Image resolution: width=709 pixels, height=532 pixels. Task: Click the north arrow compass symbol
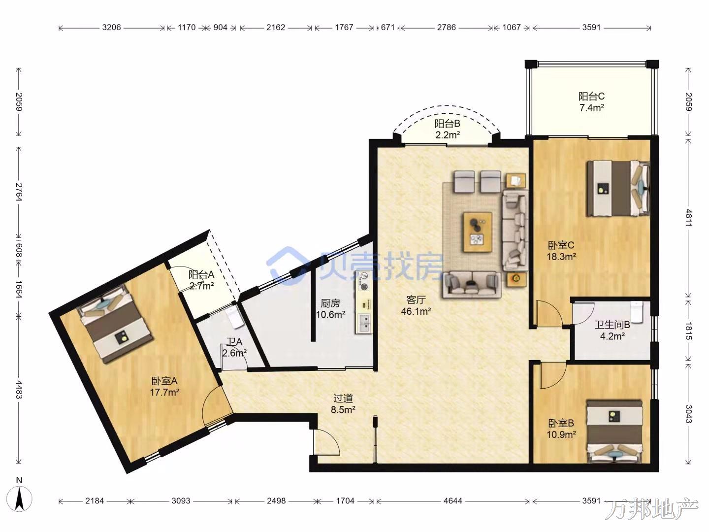(x=19, y=499)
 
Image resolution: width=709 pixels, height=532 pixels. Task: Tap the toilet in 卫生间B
(x=637, y=312)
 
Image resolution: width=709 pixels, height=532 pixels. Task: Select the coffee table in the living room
(x=478, y=232)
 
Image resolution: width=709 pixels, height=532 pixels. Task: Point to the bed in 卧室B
(x=614, y=432)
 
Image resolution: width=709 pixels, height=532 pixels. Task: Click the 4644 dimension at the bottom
(x=452, y=501)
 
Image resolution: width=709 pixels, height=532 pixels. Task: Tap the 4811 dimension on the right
(x=688, y=218)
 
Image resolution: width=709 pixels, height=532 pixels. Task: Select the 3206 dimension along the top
(x=111, y=28)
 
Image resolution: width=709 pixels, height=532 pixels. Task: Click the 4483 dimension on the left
(x=19, y=390)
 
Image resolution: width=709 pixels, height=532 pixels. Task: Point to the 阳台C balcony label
(x=591, y=96)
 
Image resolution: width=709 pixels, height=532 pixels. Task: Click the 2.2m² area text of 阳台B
(x=448, y=134)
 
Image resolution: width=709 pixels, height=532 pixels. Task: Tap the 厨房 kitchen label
(x=330, y=303)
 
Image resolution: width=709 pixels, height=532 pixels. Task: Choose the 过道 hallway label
(x=343, y=399)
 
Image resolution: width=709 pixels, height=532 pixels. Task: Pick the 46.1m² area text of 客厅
(x=416, y=311)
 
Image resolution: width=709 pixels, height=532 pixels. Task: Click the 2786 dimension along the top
(x=447, y=28)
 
